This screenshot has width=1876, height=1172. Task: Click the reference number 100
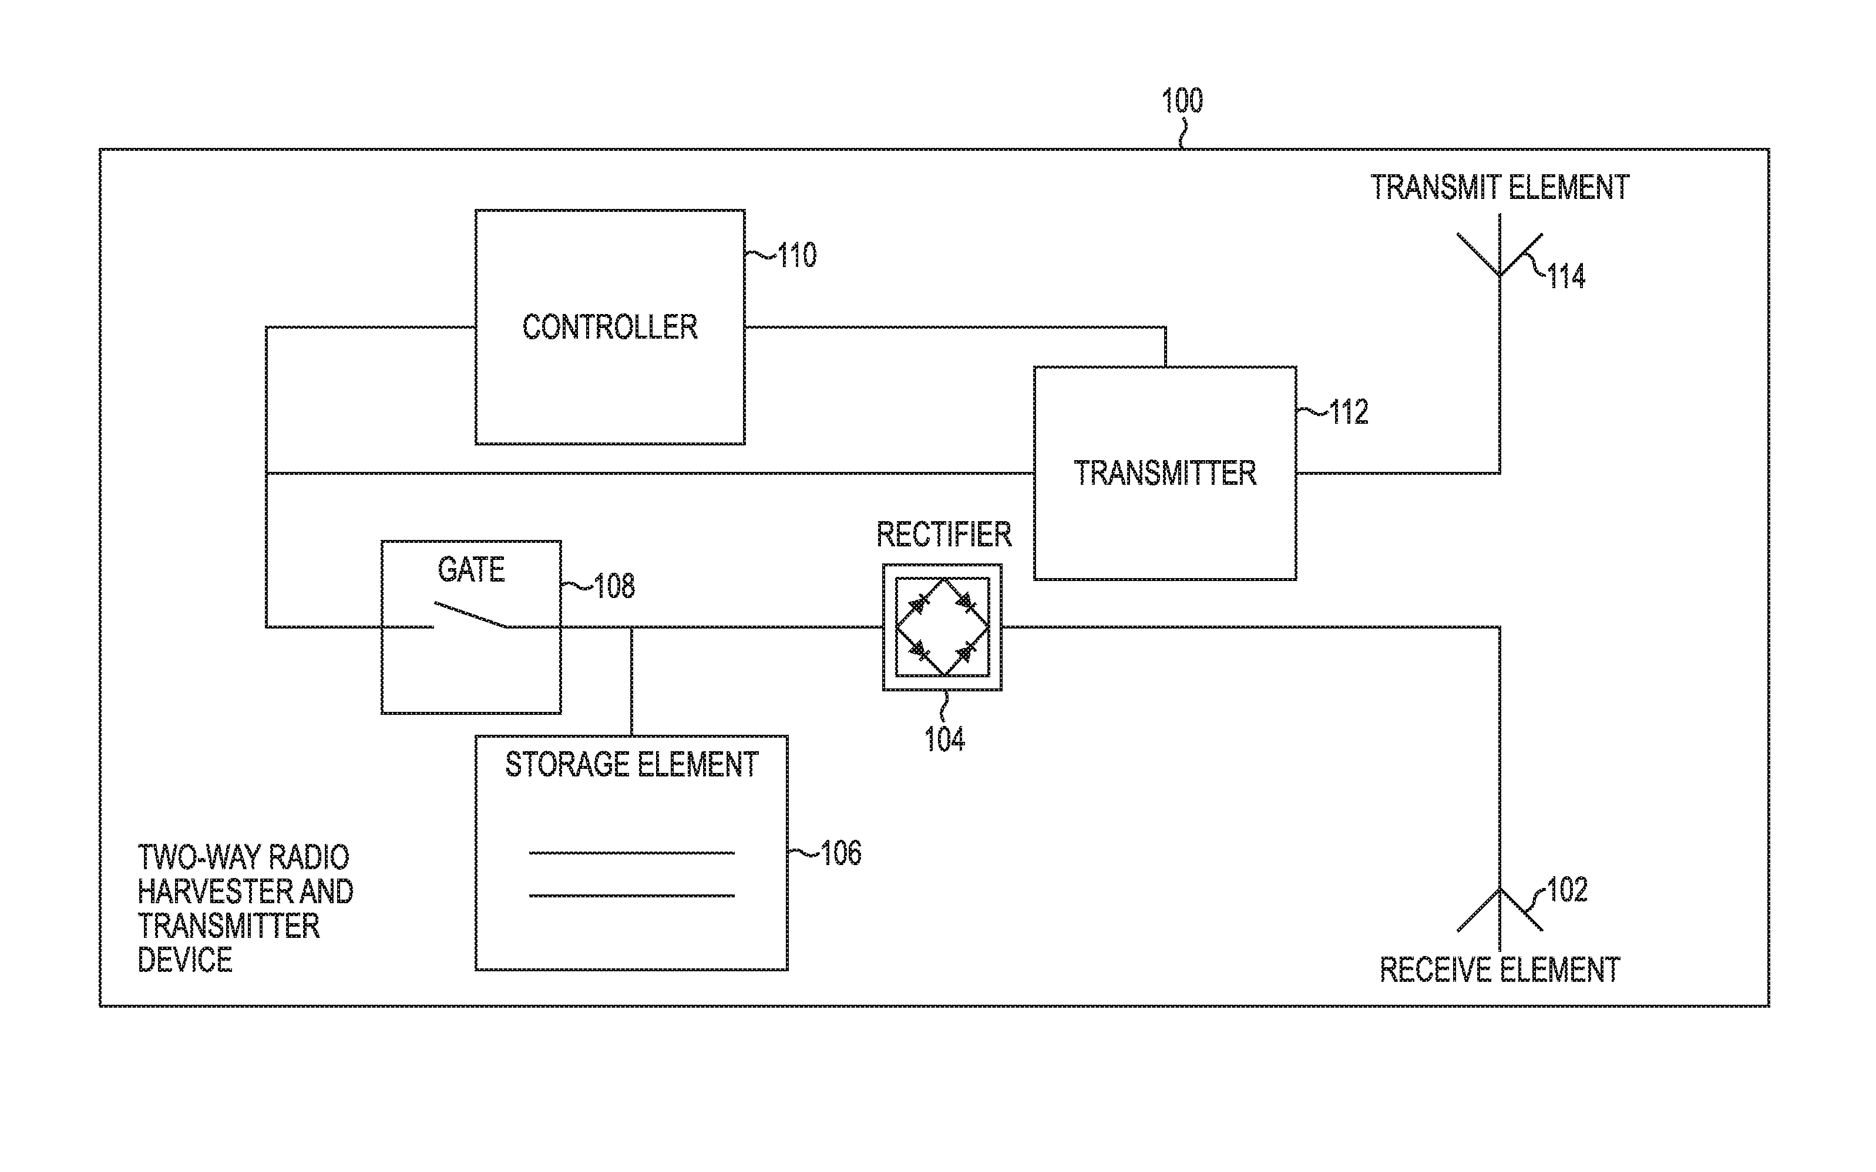(1181, 102)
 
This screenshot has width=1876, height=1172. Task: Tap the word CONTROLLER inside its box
(610, 327)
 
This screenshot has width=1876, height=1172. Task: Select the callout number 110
(796, 256)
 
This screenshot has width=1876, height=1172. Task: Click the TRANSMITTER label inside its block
(1164, 473)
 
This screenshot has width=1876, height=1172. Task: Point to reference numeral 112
(1349, 413)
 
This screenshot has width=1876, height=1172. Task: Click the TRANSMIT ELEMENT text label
(1499, 188)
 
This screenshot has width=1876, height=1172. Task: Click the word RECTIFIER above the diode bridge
(943, 535)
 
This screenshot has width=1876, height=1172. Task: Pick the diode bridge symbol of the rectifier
(942, 626)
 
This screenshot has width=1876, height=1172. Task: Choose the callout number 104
(944, 739)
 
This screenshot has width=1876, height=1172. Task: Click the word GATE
(470, 570)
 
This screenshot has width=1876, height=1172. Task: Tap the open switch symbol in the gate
(470, 614)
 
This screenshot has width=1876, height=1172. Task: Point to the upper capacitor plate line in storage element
(631, 853)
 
